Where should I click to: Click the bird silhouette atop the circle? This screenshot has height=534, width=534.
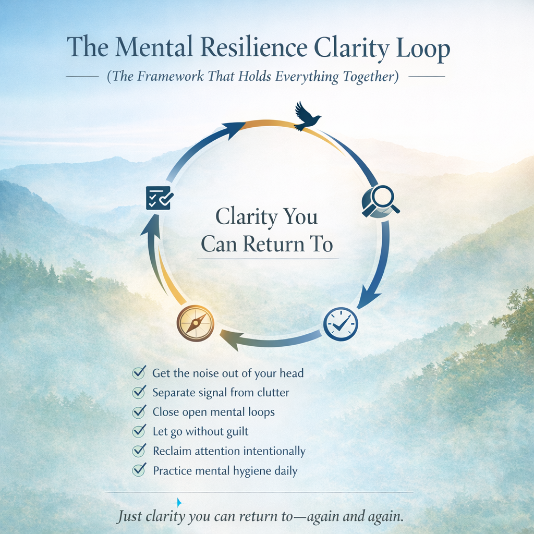click(307, 117)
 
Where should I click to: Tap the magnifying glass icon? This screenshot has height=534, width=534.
click(380, 201)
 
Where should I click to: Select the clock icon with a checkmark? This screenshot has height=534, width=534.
click(341, 324)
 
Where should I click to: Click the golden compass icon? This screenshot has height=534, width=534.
click(196, 323)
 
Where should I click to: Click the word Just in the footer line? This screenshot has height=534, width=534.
click(128, 517)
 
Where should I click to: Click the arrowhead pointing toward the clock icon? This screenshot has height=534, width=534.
click(368, 299)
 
